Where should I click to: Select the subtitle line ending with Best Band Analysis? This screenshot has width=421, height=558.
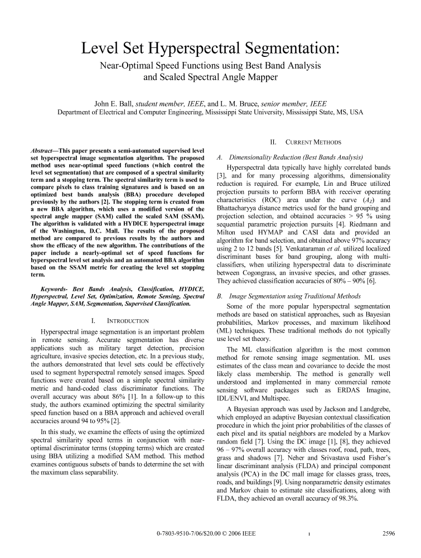click(210, 66)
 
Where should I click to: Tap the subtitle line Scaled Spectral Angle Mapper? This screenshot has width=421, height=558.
click(210, 77)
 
